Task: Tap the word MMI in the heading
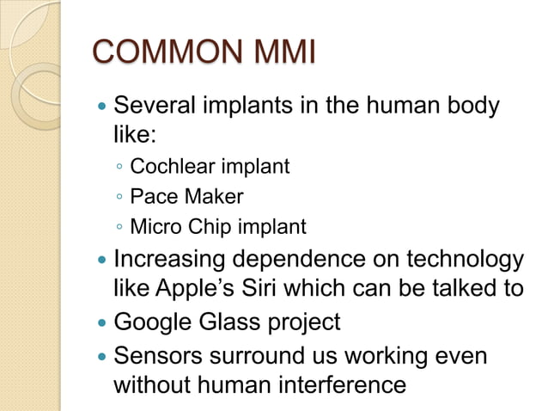283,52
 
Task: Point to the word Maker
210,197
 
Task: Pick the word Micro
153,228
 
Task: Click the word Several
155,108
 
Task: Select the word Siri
279,288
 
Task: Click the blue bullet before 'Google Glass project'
102,323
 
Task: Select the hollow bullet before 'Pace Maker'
119,198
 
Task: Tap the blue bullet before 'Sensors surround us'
102,355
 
